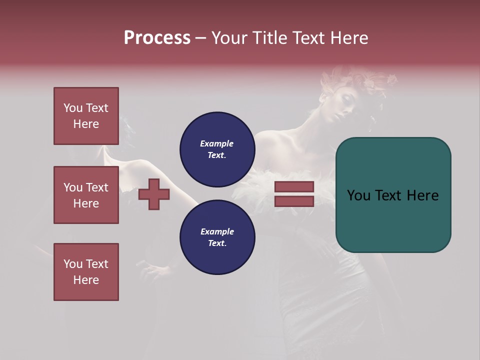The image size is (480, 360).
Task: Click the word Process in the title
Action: point(157,38)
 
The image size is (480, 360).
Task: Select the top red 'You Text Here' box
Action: point(86,116)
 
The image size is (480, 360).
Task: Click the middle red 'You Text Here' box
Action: point(86,195)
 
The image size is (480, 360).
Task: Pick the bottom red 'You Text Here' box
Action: point(86,272)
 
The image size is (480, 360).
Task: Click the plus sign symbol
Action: point(154,194)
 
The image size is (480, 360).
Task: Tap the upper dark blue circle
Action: point(217,149)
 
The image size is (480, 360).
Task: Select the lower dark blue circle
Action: point(217,237)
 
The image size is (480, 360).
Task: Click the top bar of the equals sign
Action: point(294,187)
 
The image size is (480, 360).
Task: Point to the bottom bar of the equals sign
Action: point(294,201)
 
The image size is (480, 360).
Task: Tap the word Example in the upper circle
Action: point(216,143)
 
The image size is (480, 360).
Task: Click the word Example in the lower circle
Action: point(217,231)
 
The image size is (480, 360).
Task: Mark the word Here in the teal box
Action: point(422,195)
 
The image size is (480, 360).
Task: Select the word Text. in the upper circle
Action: point(217,155)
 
